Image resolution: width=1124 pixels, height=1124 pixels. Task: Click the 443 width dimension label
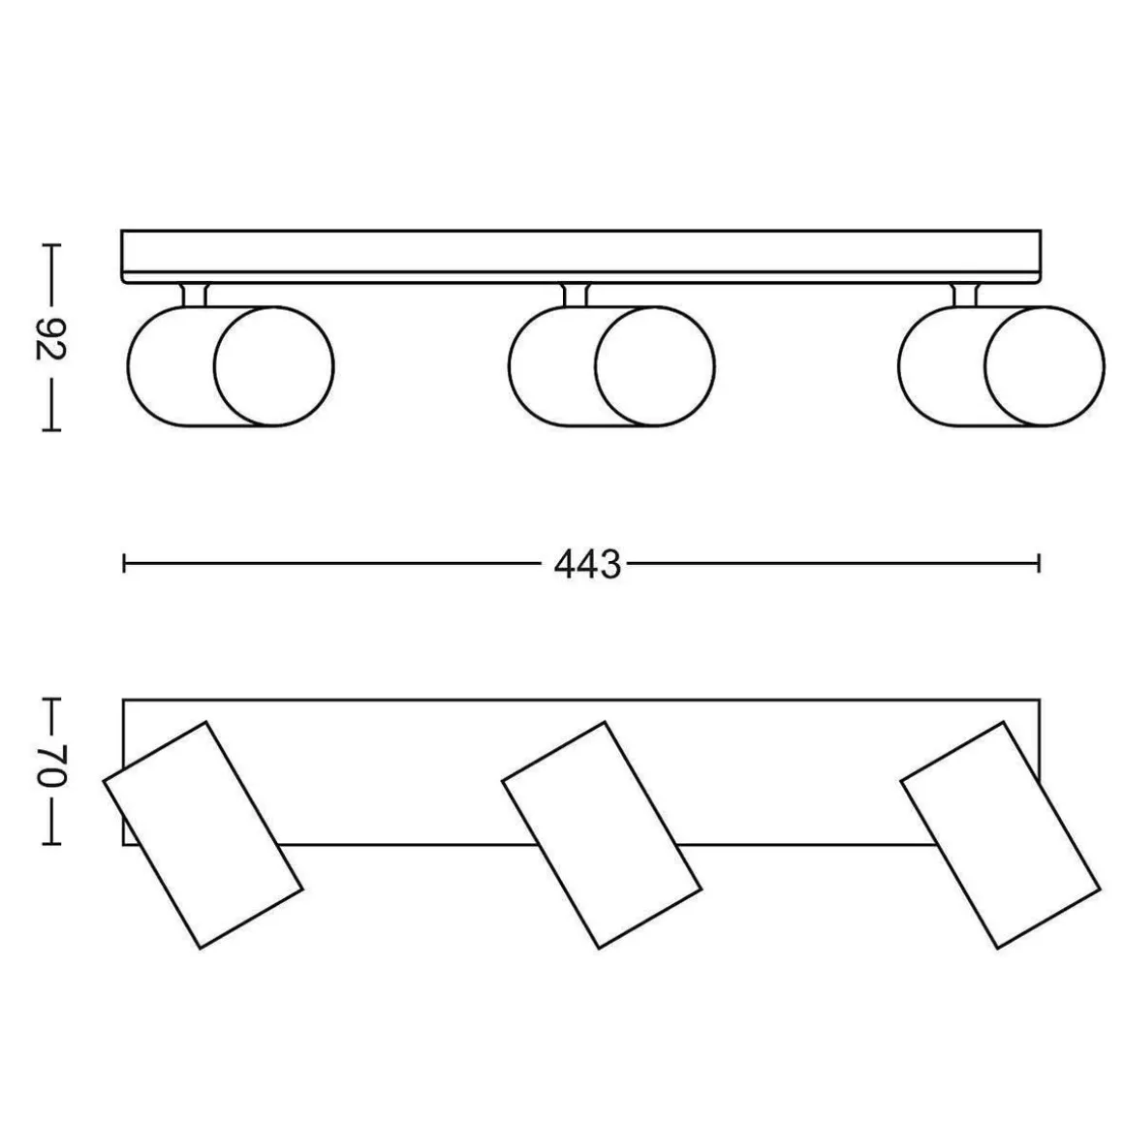[x=587, y=565]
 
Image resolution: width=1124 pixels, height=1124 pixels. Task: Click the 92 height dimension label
[x=51, y=337]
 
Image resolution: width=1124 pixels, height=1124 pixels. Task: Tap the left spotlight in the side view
[x=230, y=367]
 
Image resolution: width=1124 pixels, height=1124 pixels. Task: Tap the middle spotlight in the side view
[x=611, y=367]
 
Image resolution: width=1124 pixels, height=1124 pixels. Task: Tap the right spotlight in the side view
[x=1001, y=367]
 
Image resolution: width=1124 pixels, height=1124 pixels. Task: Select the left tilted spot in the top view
[x=203, y=835]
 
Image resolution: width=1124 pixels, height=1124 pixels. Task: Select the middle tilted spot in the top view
[x=602, y=835]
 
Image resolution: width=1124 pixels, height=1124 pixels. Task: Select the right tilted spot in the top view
[x=1000, y=835]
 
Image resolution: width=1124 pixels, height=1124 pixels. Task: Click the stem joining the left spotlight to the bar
[x=194, y=296]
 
